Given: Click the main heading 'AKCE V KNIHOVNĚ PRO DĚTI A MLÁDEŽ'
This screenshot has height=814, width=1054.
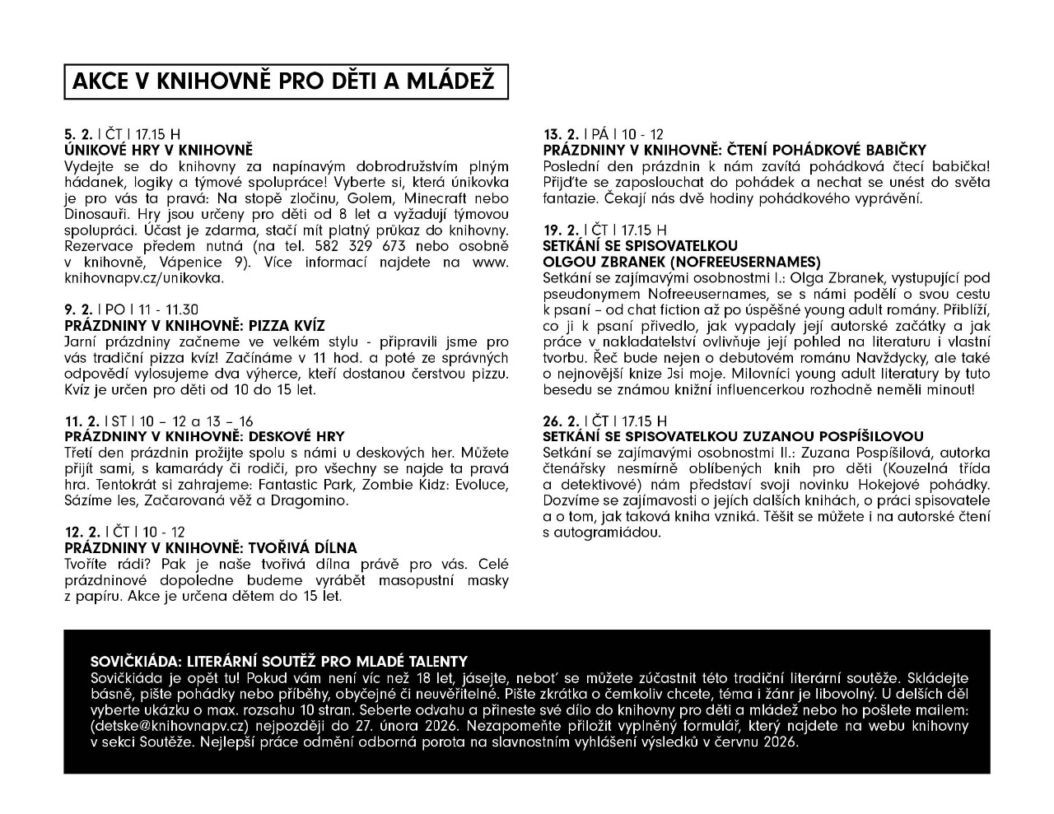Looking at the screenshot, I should click(284, 81).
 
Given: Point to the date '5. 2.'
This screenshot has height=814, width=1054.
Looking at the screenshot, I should click(78, 134).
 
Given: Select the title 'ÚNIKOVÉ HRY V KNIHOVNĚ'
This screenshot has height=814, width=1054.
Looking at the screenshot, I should click(158, 150).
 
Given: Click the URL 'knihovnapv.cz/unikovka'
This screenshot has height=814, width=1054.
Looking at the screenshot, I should click(143, 278).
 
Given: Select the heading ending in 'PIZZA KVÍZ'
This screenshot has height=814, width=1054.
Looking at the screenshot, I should click(195, 325).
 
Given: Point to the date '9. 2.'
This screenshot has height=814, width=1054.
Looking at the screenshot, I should click(78, 309).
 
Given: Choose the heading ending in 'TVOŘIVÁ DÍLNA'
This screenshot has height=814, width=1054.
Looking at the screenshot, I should click(211, 548).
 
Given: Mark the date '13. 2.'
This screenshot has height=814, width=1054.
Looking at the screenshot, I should click(560, 134).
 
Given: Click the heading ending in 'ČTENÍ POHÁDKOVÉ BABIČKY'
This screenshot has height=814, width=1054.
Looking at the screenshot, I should click(735, 150).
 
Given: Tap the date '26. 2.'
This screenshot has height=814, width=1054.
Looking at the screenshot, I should click(561, 421).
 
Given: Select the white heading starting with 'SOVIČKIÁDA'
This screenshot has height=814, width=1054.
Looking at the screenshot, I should click(278, 661).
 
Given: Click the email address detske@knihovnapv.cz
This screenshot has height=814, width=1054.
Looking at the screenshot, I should click(170, 726).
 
